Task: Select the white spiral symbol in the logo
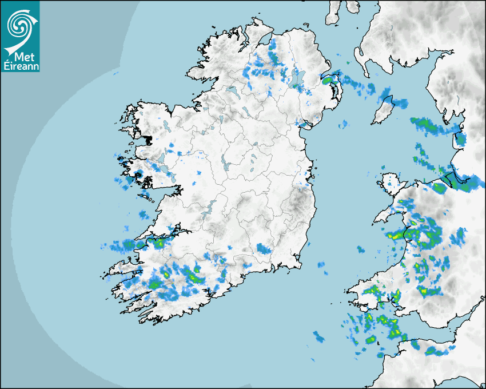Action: (19, 25)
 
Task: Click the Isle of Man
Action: (383, 110)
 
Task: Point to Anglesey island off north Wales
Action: (392, 182)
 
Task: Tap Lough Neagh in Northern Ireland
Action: (296, 81)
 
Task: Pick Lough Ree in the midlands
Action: (225, 166)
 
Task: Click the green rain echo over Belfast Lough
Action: (328, 81)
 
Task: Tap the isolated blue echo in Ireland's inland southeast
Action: (264, 248)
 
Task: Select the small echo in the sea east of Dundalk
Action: (344, 124)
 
